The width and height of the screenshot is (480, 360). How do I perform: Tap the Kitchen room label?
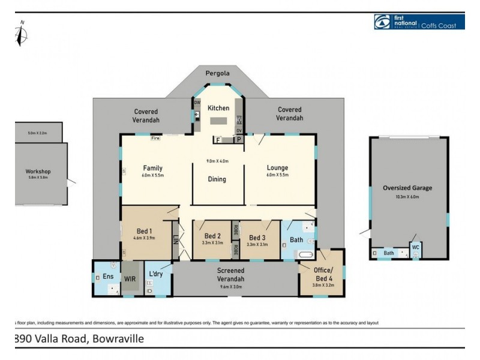pos(218,108)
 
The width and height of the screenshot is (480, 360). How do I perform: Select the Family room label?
pos(153,168)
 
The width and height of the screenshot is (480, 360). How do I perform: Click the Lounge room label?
pos(278,168)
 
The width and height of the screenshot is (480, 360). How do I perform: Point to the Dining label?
pos(217,179)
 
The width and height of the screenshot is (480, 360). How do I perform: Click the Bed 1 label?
pos(143,231)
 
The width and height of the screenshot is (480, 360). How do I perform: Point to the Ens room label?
pos(108,277)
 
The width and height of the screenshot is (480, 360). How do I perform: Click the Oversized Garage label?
pos(407,188)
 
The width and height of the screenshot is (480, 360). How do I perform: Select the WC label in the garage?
pos(415,247)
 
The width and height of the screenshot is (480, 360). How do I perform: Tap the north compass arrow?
pos(22,34)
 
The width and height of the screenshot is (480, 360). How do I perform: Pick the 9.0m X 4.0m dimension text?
pos(217,161)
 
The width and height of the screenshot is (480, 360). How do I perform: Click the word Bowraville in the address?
pos(118,339)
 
